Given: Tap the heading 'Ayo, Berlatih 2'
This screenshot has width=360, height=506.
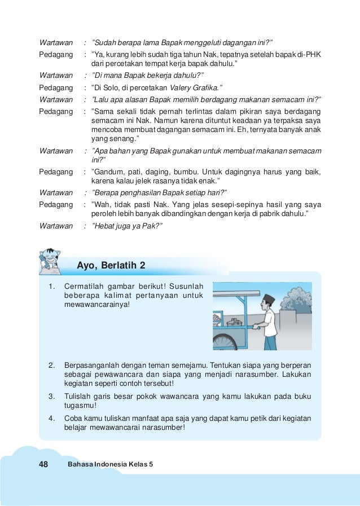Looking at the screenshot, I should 111,265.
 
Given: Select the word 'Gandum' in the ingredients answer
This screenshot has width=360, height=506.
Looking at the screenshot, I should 104,171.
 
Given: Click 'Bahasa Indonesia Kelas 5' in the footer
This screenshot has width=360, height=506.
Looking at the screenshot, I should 110,464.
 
